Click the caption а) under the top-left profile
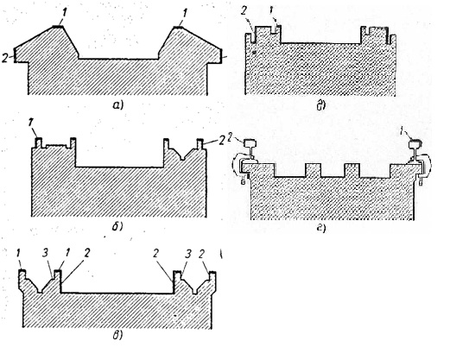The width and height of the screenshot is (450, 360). tap(117, 105)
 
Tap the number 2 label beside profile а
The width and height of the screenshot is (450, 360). tap(4, 58)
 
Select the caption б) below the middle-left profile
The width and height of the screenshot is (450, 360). tap(117, 227)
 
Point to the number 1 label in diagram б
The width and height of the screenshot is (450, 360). tap(30, 123)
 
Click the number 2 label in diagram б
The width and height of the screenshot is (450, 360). tap(221, 141)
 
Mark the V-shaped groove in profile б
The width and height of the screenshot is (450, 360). tap(181, 154)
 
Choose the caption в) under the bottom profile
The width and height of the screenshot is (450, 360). tap(117, 336)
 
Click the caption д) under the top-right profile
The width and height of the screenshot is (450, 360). tap(321, 106)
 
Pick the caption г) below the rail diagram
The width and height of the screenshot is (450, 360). tap(321, 229)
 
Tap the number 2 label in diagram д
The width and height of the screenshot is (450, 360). tap(244, 12)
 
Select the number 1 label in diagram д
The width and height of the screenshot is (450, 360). tap(271, 11)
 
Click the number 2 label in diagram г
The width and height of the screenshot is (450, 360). tap(230, 137)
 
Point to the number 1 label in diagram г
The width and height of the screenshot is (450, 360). tap(402, 131)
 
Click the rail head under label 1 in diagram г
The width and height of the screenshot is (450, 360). tap(415, 142)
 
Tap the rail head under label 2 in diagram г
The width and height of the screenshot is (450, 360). tap(250, 143)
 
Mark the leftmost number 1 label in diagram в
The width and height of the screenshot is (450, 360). tap(18, 254)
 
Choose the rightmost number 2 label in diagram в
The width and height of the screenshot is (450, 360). tap(201, 254)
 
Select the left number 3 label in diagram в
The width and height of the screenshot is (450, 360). tap(45, 253)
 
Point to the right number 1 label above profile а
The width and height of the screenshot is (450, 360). tap(185, 13)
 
